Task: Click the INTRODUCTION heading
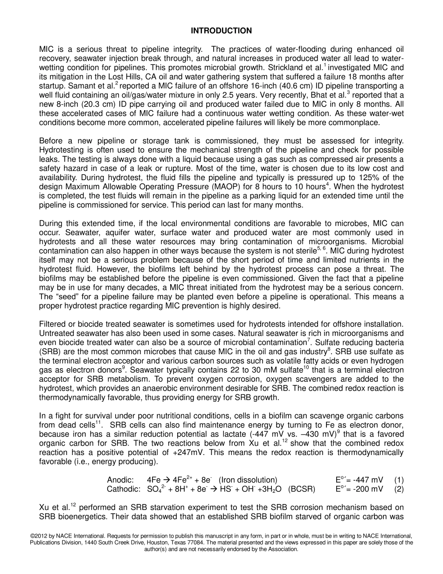pyautogui.click(x=221, y=31)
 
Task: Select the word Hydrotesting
pyautogui.click(x=60, y=150)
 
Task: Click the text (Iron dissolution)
pyautogui.click(x=248, y=480)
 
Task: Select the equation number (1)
pyautogui.click(x=399, y=480)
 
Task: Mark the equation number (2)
pyautogui.click(x=399, y=489)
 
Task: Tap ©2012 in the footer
pyautogui.click(x=40, y=536)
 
